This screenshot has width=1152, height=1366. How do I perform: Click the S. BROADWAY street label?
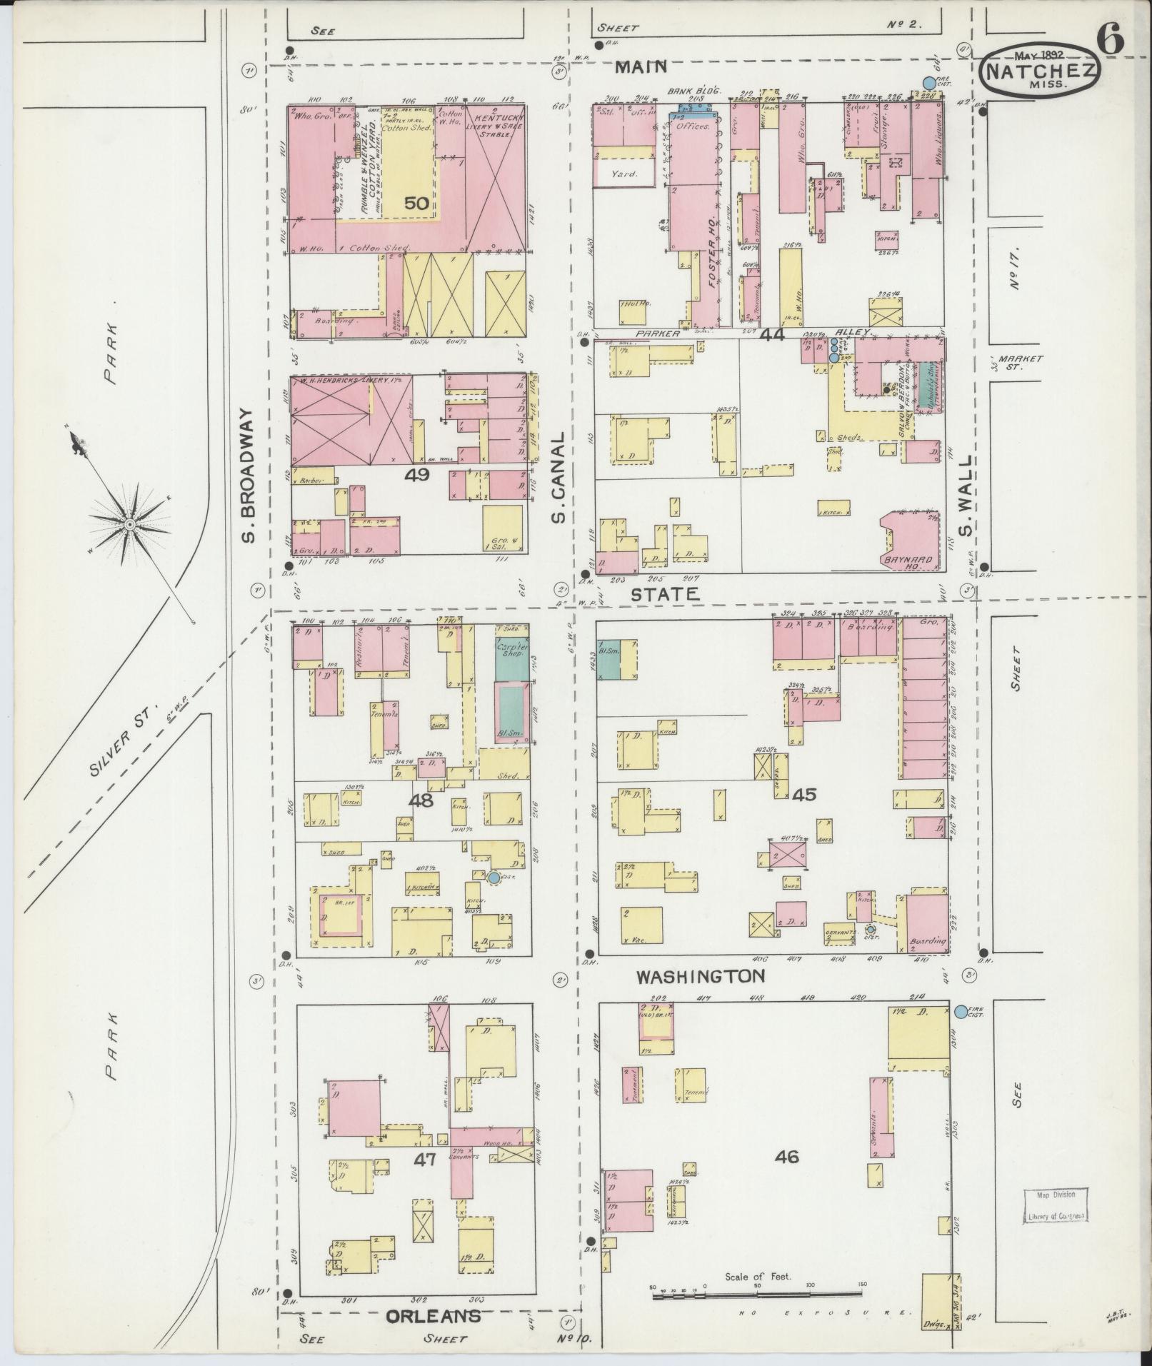click(247, 475)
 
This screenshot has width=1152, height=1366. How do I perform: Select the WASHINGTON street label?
click(701, 976)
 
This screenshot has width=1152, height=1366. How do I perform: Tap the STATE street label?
click(663, 593)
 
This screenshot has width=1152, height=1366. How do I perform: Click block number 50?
click(416, 204)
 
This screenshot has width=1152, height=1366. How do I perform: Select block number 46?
click(786, 1157)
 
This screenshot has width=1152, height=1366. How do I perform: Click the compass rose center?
click(130, 525)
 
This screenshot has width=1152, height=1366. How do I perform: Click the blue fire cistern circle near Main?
click(928, 83)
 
